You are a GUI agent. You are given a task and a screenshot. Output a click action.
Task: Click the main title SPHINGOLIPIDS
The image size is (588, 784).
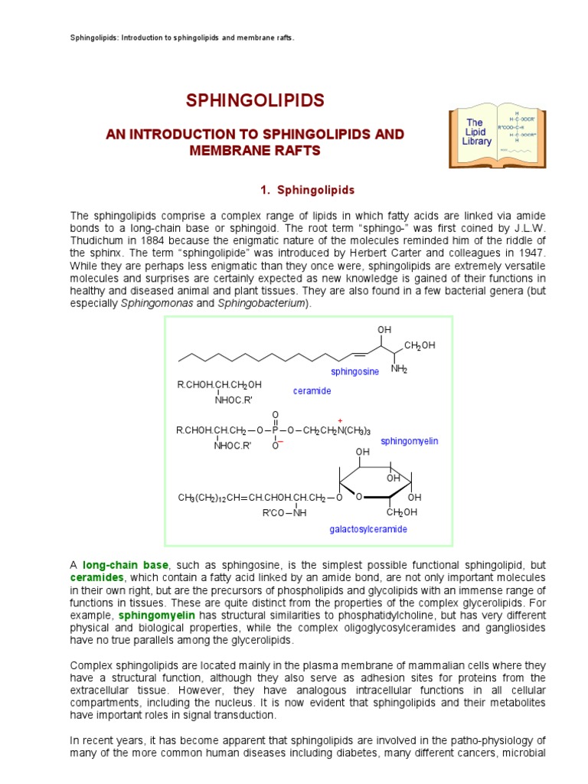[256, 100]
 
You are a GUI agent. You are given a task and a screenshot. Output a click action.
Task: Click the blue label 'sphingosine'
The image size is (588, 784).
[354, 371]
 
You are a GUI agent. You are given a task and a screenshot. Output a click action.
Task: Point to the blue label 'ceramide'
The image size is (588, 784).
[312, 390]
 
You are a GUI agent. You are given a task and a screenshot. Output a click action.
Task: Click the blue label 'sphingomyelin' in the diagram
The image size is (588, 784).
[409, 441]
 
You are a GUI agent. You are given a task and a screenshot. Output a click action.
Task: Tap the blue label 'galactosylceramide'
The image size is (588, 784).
[368, 529]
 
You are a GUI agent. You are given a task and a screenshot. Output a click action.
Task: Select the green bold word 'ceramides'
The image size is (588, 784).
[96, 577]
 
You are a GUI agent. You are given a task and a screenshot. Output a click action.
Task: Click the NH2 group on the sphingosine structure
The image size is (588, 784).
[399, 369]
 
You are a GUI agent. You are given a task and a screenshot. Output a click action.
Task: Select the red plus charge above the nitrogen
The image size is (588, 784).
[339, 420]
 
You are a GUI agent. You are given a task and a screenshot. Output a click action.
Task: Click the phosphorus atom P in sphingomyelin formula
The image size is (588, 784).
[275, 430]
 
